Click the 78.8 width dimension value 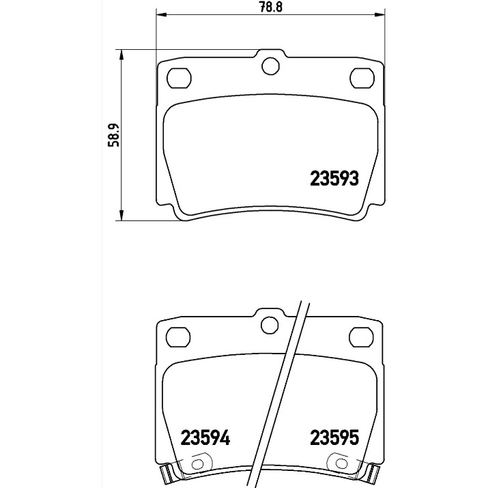pos(271,7)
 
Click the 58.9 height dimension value pos(113,135)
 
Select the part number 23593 pos(334,179)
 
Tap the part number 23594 pos(205,437)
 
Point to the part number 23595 pos(334,437)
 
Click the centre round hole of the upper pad pos(270,66)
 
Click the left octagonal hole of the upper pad pos(179,78)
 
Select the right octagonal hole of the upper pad pos(362,78)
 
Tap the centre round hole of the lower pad pos(270,326)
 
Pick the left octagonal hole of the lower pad pos(178,337)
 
